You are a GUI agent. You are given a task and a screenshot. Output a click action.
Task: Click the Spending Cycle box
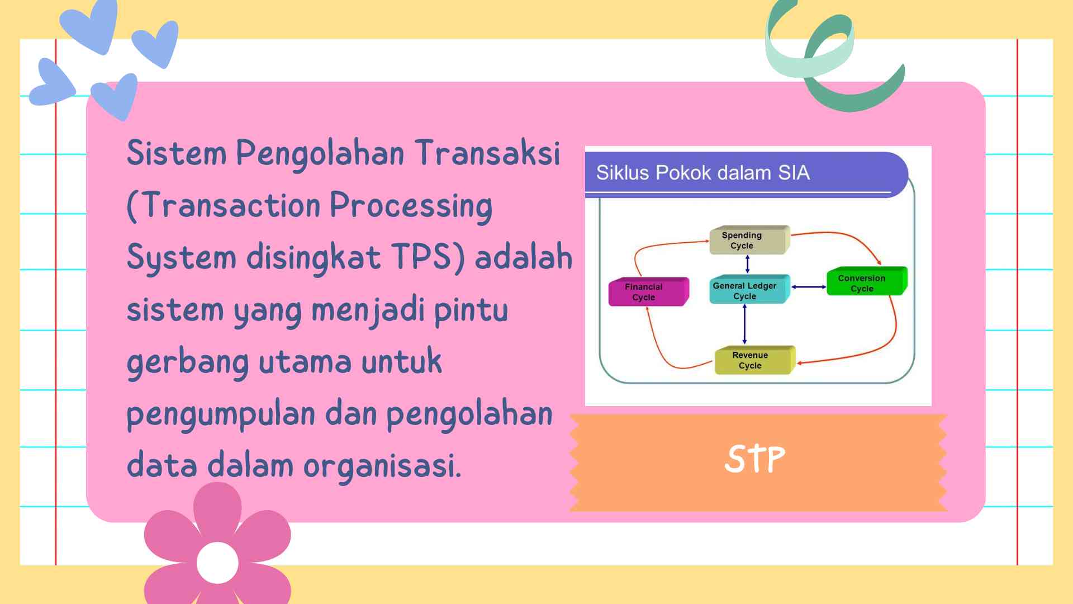pos(748,240)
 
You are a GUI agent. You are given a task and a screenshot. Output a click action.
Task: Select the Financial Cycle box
pos(647,292)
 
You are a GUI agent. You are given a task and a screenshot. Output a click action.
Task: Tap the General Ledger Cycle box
pos(748,290)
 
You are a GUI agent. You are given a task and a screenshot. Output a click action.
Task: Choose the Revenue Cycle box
pos(753,360)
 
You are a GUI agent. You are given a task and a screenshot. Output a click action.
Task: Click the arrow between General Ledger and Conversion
pos(809,287)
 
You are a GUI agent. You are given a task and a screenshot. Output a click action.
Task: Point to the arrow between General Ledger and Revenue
pos(744,324)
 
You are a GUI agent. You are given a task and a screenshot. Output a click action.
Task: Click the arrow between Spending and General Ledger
pos(747,264)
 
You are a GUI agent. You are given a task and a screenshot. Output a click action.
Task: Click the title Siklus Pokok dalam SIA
pos(702,173)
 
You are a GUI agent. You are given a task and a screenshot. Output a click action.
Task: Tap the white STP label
pos(754,460)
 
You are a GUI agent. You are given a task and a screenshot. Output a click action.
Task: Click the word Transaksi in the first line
pos(487,153)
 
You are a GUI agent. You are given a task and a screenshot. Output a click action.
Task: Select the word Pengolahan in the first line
pos(320,154)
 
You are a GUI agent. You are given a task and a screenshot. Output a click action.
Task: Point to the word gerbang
pos(187,362)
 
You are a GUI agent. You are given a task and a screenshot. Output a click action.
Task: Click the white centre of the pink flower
pos(217,563)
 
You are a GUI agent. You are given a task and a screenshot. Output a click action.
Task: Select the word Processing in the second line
pos(411,206)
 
